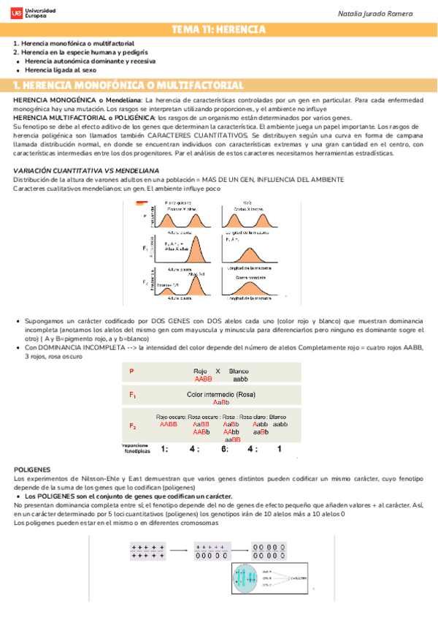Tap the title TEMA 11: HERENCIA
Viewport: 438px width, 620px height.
point(218,30)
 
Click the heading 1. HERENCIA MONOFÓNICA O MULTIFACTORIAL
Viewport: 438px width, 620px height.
point(128,86)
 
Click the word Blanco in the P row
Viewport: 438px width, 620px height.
point(239,371)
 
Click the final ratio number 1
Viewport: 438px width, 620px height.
point(279,449)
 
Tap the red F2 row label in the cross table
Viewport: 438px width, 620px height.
point(133,426)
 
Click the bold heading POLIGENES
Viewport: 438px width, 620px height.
point(32,469)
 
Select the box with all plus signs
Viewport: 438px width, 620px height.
point(148,551)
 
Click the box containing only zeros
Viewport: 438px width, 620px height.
point(268,551)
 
